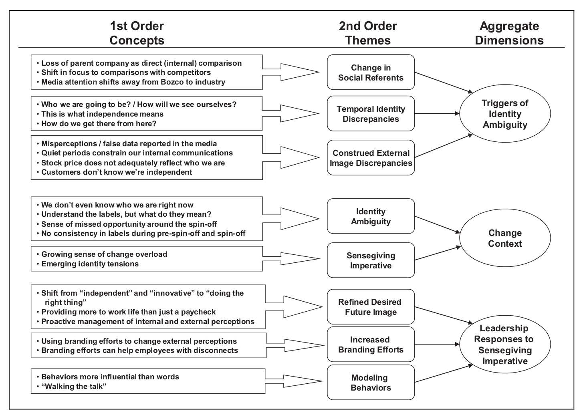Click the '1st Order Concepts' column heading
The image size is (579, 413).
[137, 33]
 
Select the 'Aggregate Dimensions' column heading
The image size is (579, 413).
[509, 33]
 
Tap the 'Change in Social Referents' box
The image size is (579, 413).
[371, 73]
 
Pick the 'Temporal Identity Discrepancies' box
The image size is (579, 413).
[371, 114]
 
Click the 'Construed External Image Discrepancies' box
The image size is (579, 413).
[371, 158]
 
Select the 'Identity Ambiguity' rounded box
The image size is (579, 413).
[371, 216]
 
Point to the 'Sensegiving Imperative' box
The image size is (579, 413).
[371, 260]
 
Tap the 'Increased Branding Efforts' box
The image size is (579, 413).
[371, 345]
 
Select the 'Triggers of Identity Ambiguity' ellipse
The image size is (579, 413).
[505, 114]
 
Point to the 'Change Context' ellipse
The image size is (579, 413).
[505, 238]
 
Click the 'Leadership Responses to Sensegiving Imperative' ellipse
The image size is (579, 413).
[504, 345]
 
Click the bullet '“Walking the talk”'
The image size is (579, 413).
[74, 386]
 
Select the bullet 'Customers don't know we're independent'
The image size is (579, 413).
[117, 172]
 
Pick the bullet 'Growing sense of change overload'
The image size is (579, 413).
[104, 254]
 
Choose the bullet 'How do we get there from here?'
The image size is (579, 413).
[99, 123]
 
